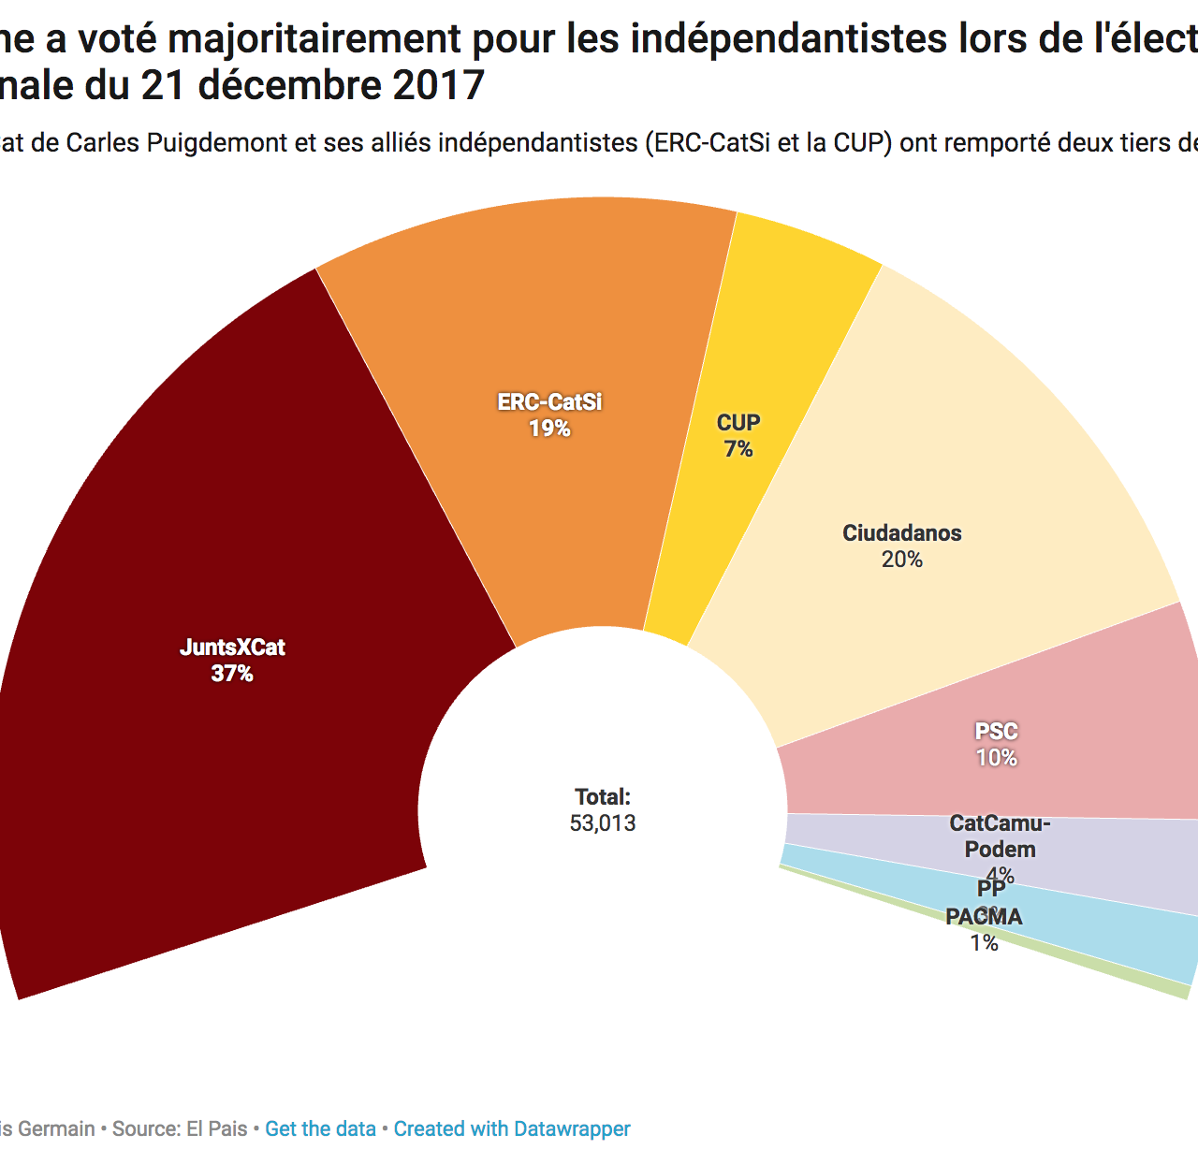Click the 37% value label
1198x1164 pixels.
pyautogui.click(x=232, y=674)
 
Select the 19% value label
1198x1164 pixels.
pyautogui.click(x=549, y=429)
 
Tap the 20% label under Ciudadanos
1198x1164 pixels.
pyautogui.click(x=902, y=560)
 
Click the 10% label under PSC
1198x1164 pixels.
pyautogui.click(x=997, y=758)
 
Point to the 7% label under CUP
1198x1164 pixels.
pyautogui.click(x=738, y=449)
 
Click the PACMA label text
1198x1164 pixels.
pyautogui.click(x=984, y=917)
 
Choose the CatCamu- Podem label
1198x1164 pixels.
pyautogui.click(x=1000, y=837)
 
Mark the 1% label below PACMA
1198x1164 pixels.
pyautogui.click(x=984, y=943)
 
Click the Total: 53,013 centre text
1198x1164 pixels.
pyautogui.click(x=603, y=810)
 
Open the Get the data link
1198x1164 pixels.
pyautogui.click(x=320, y=1128)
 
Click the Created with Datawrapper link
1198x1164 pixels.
pyautogui.click(x=512, y=1128)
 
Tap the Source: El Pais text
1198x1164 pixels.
pyautogui.click(x=180, y=1128)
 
